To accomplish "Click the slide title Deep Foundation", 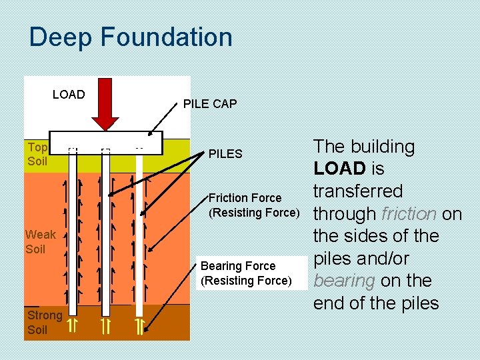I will [x=131, y=37].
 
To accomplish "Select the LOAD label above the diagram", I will [x=69, y=95].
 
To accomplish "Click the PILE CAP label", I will [x=210, y=103].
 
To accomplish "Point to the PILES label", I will [x=225, y=154].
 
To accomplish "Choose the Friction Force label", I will [x=245, y=198].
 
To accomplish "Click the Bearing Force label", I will [x=238, y=266].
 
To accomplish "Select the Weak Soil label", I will [x=40, y=241].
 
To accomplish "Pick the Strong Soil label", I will [x=44, y=322].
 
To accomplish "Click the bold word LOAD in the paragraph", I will [x=340, y=169].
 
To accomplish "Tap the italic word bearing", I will [x=344, y=281].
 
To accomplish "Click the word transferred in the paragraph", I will [x=358, y=191].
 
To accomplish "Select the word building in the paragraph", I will [x=382, y=147].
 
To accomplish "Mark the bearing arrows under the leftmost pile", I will [x=74, y=326].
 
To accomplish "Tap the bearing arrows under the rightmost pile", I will [x=139, y=326].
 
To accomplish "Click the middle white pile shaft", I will [x=105, y=233].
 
